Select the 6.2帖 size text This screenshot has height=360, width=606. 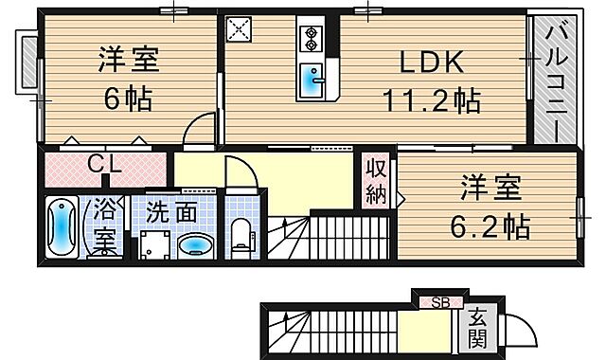coord(490,226)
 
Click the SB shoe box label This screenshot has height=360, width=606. coord(440,303)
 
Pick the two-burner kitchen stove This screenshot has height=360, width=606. coord(311,39)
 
